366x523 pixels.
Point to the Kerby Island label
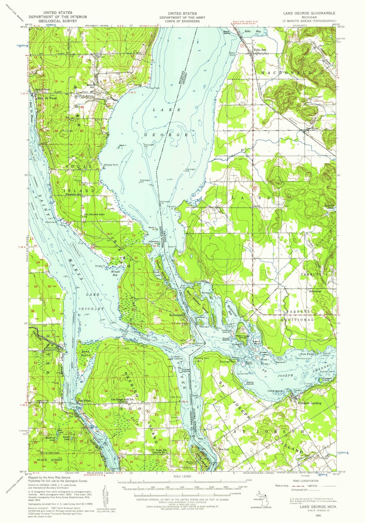[250, 383]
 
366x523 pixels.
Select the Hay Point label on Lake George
[154, 88]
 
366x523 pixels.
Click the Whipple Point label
[111, 165]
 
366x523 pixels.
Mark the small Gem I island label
[123, 146]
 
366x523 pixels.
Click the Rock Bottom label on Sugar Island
[86, 96]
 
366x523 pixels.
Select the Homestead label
[176, 315]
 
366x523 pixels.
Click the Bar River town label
[313, 129]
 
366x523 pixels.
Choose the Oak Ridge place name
[84, 401]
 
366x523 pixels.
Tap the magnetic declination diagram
[104, 495]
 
